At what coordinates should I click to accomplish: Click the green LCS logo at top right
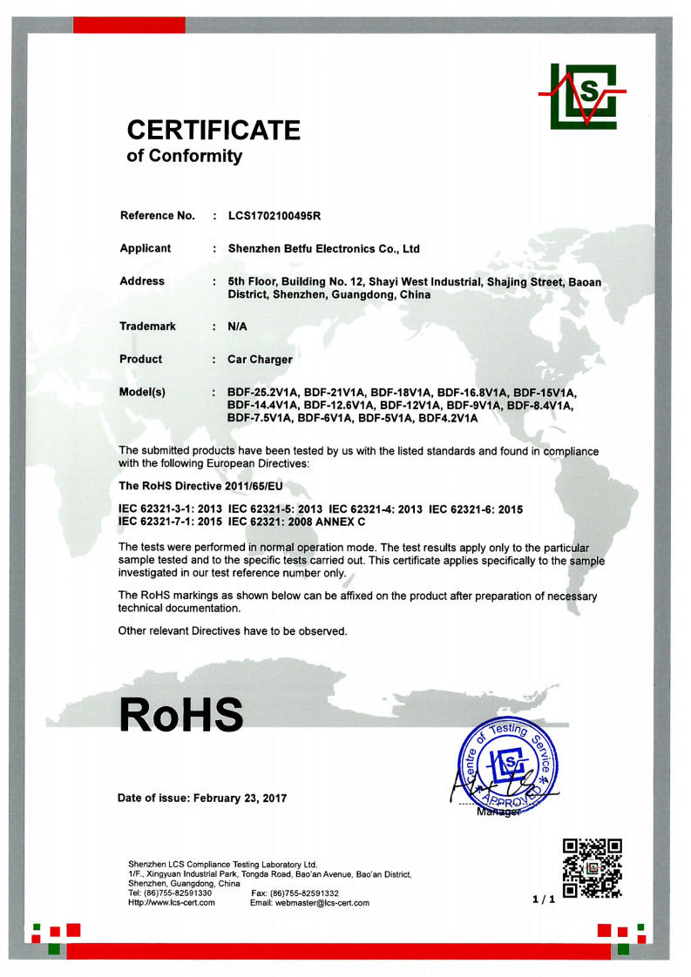pyautogui.click(x=581, y=94)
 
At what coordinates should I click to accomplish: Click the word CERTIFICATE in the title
pyautogui.click(x=213, y=131)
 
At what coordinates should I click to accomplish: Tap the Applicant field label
pyautogui.click(x=145, y=248)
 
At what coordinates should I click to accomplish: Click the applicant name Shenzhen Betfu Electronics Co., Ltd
pyautogui.click(x=323, y=249)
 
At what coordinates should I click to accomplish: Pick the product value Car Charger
pyautogui.click(x=260, y=359)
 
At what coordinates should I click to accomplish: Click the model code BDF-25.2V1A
pyautogui.click(x=261, y=393)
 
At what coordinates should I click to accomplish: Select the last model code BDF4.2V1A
pyautogui.click(x=444, y=419)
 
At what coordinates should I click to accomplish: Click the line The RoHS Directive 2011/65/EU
pyautogui.click(x=200, y=484)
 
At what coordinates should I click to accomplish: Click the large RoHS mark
pyautogui.click(x=181, y=715)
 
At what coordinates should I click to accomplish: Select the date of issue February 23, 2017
pyautogui.click(x=240, y=798)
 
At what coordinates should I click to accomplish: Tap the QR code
pyautogui.click(x=593, y=867)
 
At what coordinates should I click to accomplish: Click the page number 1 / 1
pyautogui.click(x=543, y=900)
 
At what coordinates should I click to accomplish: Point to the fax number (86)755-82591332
pyautogui.click(x=306, y=893)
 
